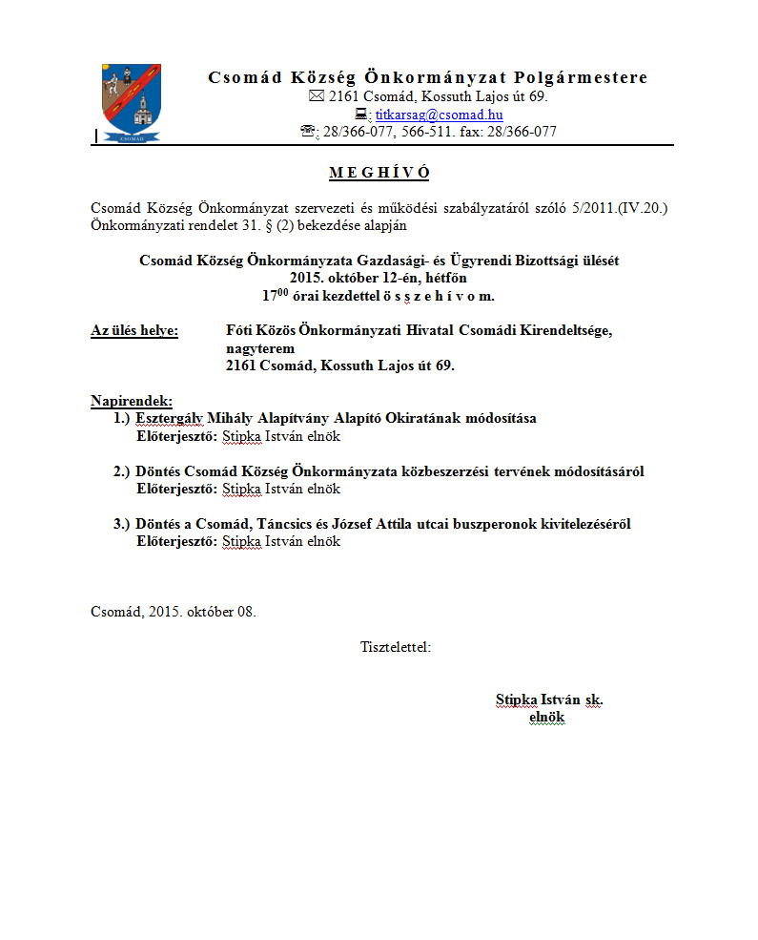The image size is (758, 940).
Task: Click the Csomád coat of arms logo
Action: tap(131, 103)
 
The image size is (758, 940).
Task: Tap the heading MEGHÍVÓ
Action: tap(379, 173)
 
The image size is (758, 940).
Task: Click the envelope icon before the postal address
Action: tap(317, 97)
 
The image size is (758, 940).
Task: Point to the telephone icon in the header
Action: tap(308, 132)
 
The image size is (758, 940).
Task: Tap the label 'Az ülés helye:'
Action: tap(134, 331)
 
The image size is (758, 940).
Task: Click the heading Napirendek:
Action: tap(132, 400)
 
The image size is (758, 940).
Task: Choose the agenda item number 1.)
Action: tap(121, 418)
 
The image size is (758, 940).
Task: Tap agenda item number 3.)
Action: tap(121, 524)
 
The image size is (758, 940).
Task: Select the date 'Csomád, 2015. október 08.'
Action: tap(174, 612)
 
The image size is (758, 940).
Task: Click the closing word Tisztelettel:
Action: tap(396, 647)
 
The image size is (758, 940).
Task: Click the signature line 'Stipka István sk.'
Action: tap(549, 700)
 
